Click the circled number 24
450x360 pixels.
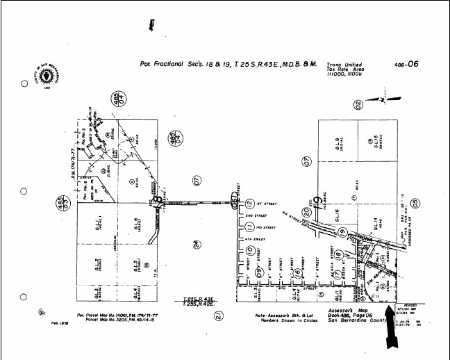click(x=197, y=244)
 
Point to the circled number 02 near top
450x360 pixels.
click(x=358, y=106)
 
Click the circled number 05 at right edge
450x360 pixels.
click(x=415, y=203)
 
